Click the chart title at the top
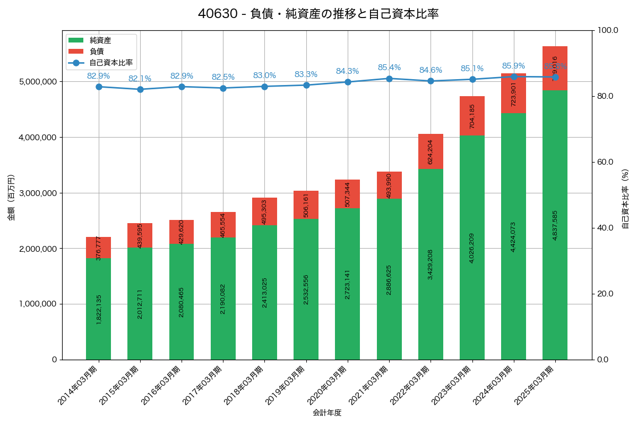(x=318, y=14)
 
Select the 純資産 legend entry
(x=100, y=40)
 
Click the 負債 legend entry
(x=96, y=51)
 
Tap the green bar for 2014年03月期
(x=99, y=309)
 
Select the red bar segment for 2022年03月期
(x=431, y=151)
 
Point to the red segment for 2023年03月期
(x=472, y=116)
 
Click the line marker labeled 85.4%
(x=389, y=79)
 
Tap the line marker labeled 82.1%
(x=140, y=89)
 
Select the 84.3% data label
(x=347, y=71)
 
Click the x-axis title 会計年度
(x=326, y=413)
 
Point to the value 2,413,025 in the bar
(x=264, y=292)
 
